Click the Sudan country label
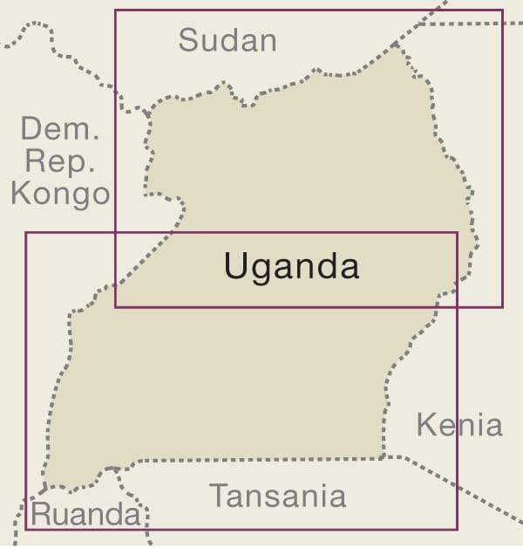[x=228, y=40]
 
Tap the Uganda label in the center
[x=291, y=266]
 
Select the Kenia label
[x=459, y=425]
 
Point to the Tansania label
[x=278, y=497]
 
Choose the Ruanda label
[x=85, y=515]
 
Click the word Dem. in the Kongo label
[x=60, y=131]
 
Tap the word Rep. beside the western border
[x=59, y=161]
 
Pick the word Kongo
[x=60, y=193]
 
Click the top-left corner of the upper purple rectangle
[x=116, y=10]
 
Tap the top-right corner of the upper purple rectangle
[x=503, y=10]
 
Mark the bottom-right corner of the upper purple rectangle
[x=503, y=307]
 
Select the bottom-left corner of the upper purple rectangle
[x=116, y=307]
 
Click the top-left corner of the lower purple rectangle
[x=26, y=232]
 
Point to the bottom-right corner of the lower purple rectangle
[x=458, y=529]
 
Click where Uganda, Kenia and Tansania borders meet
[x=384, y=456]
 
